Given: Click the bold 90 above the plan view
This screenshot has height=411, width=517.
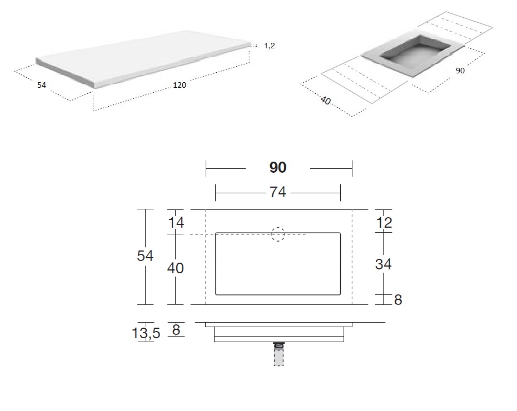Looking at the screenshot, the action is coord(278,167).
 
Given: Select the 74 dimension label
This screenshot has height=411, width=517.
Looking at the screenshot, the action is coord(278,192).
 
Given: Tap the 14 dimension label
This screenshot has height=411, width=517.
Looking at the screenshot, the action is coord(176,223).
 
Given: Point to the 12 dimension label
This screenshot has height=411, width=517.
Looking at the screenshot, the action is coord(384,223).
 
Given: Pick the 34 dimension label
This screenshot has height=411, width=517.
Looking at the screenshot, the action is coord(383,264).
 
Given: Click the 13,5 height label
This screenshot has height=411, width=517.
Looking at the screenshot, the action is coord(146,333).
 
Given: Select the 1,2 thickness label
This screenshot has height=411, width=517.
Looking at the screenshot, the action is coord(270,46).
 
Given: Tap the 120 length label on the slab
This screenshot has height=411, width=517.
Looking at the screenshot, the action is coord(180,85).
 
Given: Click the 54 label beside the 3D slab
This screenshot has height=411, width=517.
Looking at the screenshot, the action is coord(42,85).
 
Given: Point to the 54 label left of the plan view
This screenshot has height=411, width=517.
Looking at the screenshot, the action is coord(145,256).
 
